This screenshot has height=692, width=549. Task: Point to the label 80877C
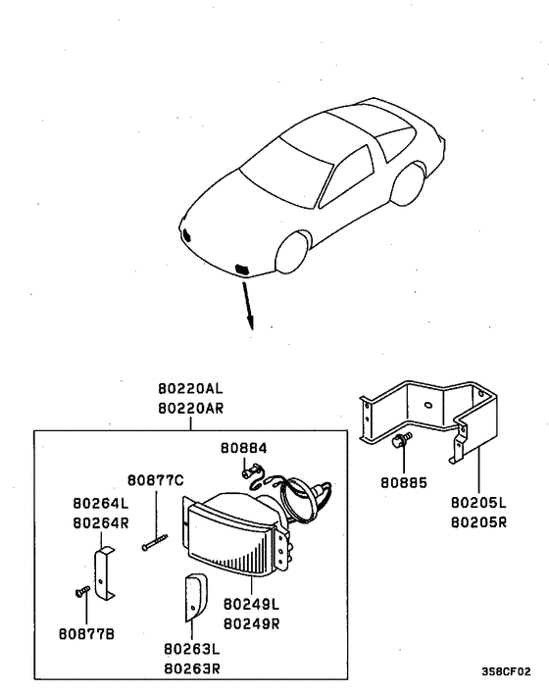pyautogui.click(x=156, y=481)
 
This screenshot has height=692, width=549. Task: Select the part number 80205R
pyautogui.click(x=479, y=522)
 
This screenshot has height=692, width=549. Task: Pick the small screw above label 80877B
pyautogui.click(x=80, y=591)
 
